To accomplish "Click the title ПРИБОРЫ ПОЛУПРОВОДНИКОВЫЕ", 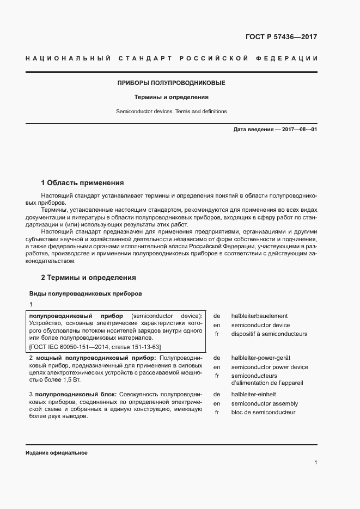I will coord(172,83).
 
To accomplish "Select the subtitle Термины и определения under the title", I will coord(172,97).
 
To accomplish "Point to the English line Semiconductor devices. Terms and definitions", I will coord(172,111).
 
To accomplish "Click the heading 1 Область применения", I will coord(83,182).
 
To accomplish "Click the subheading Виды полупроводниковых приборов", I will coord(86,293).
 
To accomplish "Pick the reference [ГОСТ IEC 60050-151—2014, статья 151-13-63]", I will coord(95,346).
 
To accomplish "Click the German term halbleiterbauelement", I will coord(259,316).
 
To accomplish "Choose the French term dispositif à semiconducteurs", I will coord(269,334).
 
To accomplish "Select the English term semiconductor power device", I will coord(269,367).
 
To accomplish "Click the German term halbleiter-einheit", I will coord(253,394).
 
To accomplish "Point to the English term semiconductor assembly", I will coord(264,403).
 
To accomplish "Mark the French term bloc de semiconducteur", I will coord(263,412).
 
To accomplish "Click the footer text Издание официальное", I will coord(57,453).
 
